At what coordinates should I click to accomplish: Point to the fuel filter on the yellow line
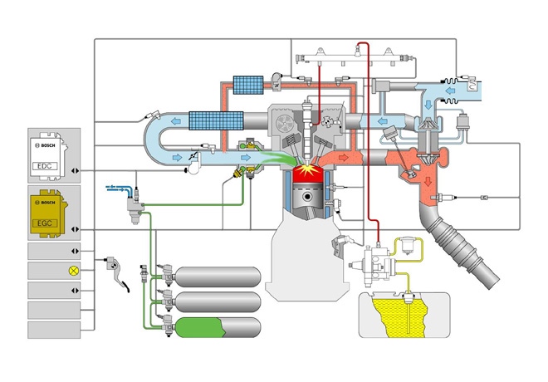tap(408, 246)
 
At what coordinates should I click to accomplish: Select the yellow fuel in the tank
tap(402, 320)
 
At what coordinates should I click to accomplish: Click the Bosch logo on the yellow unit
tap(47, 202)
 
